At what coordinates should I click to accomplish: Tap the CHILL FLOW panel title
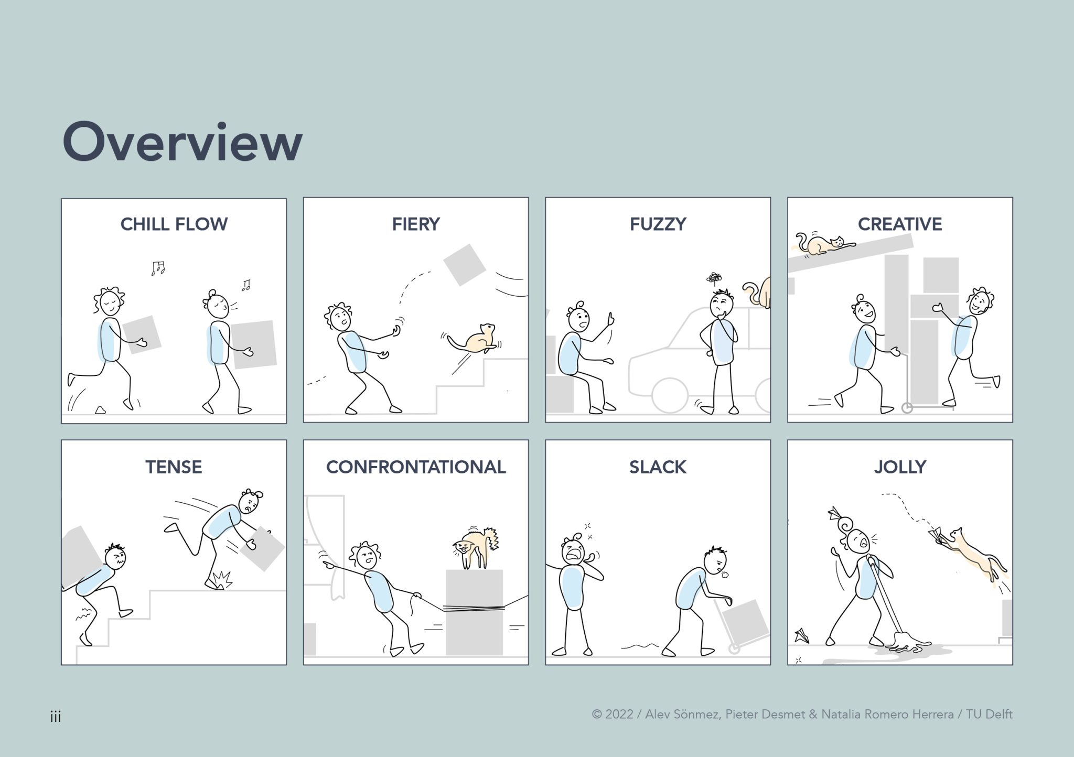coord(174,224)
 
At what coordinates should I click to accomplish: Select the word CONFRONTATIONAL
coord(415,467)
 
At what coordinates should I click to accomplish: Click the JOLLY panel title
coord(900,467)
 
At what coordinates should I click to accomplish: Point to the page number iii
coord(56,717)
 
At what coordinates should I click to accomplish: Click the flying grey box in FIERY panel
coord(464,265)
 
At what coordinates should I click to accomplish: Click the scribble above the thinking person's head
coord(714,278)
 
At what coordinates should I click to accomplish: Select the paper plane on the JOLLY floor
coord(801,636)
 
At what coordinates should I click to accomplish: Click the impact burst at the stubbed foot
coord(223,580)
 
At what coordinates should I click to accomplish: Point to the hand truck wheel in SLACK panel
coord(734,649)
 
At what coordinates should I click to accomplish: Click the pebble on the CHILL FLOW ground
coord(100,410)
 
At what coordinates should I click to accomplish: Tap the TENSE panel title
coord(174,467)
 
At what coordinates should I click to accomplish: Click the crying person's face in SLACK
coord(573,551)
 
